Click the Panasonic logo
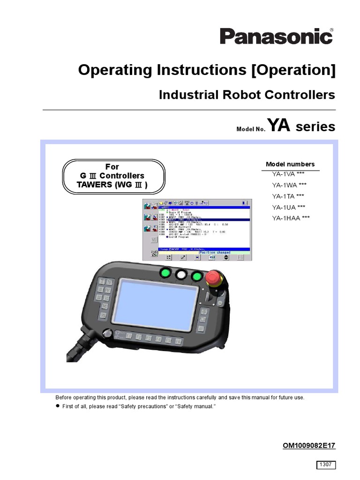click(277, 36)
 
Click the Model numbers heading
click(290, 164)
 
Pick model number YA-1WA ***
click(289, 185)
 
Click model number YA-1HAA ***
click(291, 217)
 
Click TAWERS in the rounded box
click(93, 185)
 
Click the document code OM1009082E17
click(309, 445)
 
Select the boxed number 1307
click(325, 465)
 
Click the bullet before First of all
click(58, 406)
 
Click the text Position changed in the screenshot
click(214, 253)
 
